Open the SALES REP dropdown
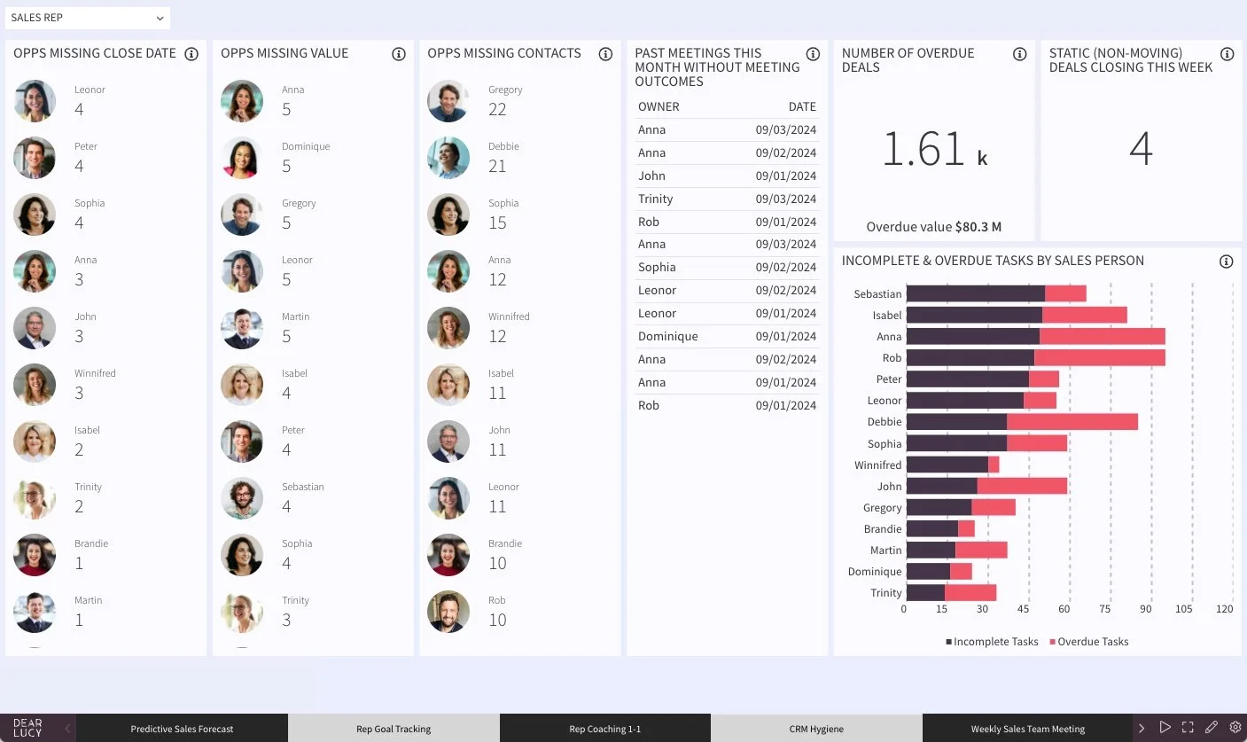[87, 18]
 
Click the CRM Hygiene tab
[815, 729]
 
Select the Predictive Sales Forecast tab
[182, 729]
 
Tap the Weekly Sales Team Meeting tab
[1027, 729]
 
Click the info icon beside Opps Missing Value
[399, 54]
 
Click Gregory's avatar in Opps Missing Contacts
[448, 101]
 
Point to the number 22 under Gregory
[497, 110]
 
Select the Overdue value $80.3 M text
[933, 227]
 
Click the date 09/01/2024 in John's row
[785, 176]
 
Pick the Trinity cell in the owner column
[655, 199]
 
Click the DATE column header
[801, 106]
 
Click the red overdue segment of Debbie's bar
[1072, 422]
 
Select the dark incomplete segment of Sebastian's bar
[975, 293]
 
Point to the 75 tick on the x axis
[1104, 609]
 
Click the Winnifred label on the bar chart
[877, 465]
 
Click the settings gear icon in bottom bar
[1235, 727]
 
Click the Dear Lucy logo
[27, 728]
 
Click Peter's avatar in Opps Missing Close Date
[35, 158]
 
